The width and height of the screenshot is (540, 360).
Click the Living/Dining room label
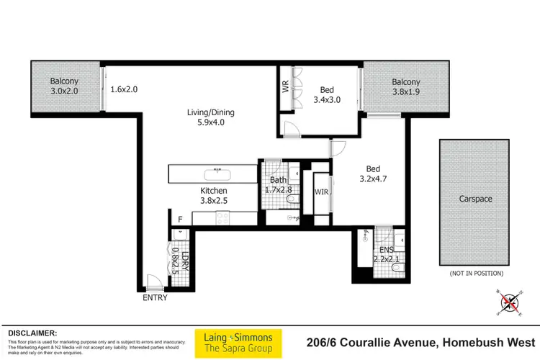coord(211,117)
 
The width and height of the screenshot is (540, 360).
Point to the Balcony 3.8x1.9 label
coord(406,87)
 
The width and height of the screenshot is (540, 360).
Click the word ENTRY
coord(155,297)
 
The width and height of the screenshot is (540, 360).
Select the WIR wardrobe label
coord(321,192)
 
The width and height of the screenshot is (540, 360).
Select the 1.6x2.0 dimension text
coord(124,91)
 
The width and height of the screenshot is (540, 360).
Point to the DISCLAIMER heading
coord(32,333)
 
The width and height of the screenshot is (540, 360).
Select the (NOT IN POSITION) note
coord(476,274)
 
